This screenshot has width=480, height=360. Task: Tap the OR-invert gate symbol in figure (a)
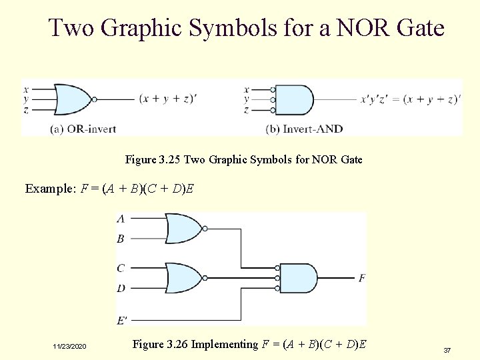pos(73,99)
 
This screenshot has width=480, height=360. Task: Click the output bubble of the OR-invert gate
pos(95,99)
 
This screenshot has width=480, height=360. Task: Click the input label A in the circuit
pos(120,219)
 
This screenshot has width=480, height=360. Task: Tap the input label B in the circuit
pos(120,239)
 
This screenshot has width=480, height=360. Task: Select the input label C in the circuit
pos(120,268)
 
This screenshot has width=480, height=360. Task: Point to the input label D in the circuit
pos(120,288)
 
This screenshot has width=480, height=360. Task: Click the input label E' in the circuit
pos(122,321)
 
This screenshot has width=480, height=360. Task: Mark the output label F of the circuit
pos(361,277)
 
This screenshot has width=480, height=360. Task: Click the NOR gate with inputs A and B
pos(184,229)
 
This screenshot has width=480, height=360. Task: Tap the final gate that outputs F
pos(300,278)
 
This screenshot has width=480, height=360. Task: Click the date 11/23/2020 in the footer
pos(69,347)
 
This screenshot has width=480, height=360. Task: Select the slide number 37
pos(447,350)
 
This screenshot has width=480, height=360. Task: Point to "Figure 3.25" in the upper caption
pos(153,160)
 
